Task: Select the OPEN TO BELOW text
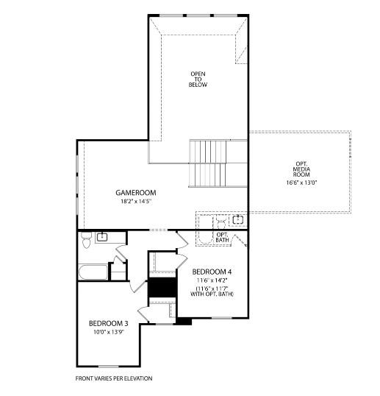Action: pos(198,79)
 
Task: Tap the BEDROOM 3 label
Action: pos(109,324)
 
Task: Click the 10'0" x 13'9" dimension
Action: pos(109,333)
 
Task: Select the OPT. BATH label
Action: pos(222,237)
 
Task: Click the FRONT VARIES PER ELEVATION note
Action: pos(114,378)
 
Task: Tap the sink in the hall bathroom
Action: pos(101,236)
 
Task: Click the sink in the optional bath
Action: pos(237,219)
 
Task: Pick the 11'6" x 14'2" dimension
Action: pos(212,280)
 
